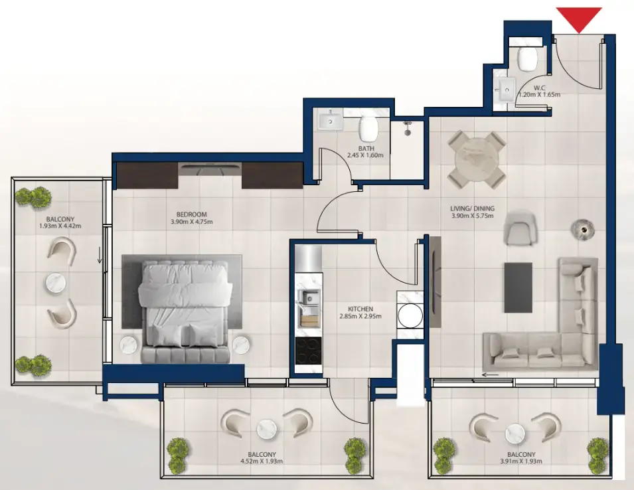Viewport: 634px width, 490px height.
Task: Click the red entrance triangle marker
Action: (x=579, y=18)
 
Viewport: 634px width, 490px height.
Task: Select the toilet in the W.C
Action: (x=528, y=58)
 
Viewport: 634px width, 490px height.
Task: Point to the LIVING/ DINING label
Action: (x=472, y=208)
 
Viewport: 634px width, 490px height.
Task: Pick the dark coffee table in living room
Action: (x=518, y=287)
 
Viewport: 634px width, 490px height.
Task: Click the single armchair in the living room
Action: (x=520, y=228)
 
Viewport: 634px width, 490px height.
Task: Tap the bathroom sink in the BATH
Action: (x=330, y=120)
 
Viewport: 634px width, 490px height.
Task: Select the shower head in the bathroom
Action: (x=408, y=127)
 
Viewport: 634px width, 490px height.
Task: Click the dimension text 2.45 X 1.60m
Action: (x=365, y=155)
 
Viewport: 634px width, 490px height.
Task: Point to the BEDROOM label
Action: (x=192, y=214)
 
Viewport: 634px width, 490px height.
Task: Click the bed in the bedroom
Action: (x=185, y=311)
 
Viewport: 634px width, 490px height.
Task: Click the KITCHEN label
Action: (x=360, y=309)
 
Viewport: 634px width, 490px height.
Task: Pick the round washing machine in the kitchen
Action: (x=410, y=316)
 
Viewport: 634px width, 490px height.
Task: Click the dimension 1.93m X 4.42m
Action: (x=60, y=226)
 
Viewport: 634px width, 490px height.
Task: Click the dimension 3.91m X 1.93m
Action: (x=521, y=461)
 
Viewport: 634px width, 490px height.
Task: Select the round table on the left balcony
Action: (x=56, y=283)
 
